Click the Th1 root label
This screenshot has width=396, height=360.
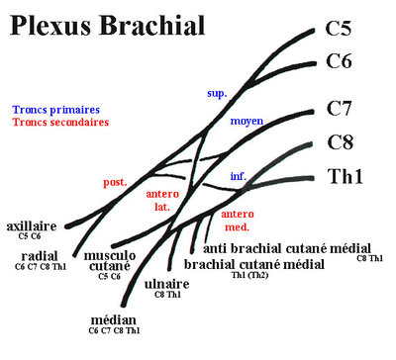click(346, 177)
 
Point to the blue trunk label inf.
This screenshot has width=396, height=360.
click(239, 176)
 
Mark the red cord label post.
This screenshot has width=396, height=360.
click(115, 183)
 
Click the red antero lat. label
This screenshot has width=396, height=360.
click(162, 201)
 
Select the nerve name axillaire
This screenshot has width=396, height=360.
click(32, 225)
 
